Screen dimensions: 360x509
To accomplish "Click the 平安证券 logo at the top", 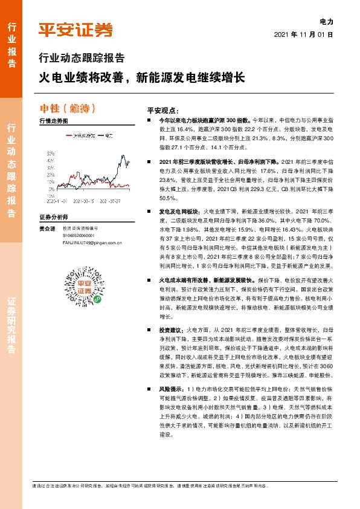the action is [76, 30].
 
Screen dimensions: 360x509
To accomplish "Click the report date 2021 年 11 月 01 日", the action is [303, 34].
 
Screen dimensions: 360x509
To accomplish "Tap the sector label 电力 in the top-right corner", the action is [326, 21].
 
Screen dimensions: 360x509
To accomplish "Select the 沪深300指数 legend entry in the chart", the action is [83, 136].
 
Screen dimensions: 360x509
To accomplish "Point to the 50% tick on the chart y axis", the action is [51, 154].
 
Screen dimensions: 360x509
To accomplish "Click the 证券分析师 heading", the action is [53, 216].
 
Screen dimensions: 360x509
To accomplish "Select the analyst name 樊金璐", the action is [47, 228].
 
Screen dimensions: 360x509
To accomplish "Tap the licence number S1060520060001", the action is [79, 235].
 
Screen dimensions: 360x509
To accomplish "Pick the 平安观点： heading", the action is [163, 111].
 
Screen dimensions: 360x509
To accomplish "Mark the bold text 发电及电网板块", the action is [179, 212].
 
